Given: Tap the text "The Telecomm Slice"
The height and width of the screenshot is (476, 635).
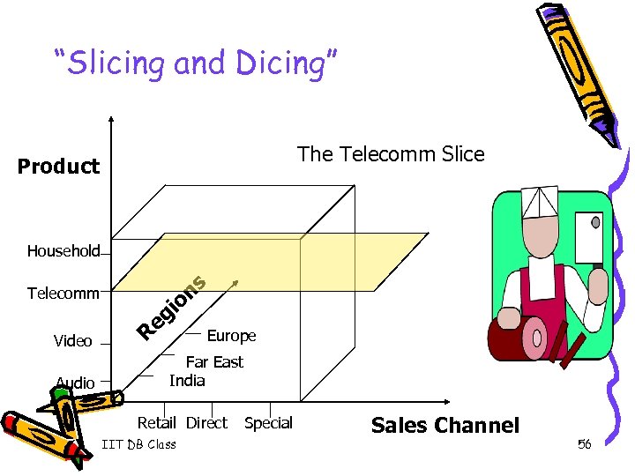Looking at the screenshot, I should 391,154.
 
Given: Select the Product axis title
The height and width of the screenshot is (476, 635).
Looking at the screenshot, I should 58,167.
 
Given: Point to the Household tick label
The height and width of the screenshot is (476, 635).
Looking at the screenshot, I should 63,251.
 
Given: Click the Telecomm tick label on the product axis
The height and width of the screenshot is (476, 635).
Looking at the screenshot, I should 63,293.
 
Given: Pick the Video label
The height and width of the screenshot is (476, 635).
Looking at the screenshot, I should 72,341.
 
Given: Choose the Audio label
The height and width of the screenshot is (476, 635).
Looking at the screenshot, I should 75,383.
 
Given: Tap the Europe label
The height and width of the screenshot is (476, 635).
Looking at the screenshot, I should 231,336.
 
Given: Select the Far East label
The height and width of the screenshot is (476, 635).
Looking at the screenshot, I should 214,361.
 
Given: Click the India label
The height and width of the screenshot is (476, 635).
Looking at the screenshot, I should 187,381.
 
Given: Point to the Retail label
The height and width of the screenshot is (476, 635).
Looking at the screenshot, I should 157,423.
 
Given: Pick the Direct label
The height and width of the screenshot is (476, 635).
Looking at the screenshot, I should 206,423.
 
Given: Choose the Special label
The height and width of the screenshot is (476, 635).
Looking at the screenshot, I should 268,423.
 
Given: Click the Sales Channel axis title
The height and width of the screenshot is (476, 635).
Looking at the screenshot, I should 445,426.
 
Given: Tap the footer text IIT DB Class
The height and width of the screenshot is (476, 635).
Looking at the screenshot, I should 139,444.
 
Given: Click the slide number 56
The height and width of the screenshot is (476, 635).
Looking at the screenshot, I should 584,444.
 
